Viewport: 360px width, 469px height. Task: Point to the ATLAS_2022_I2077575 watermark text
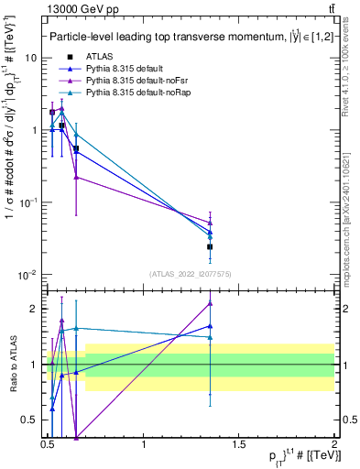[191, 273]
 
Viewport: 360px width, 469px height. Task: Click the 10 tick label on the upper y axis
[28, 58]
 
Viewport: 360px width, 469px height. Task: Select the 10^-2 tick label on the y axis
[26, 275]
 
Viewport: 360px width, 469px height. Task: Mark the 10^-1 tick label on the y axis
[26, 202]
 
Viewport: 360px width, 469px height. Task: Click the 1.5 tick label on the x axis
[239, 444]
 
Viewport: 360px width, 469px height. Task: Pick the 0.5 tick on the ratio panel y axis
[28, 420]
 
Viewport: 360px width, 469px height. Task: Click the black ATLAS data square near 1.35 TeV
[211, 246]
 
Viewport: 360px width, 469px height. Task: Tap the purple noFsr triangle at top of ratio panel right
[211, 303]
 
